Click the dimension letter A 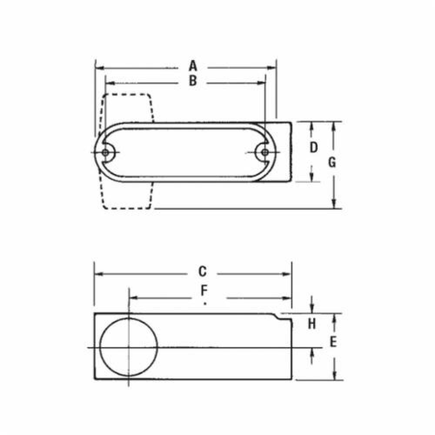(x=193, y=67)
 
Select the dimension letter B (x=193, y=81)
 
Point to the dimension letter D (x=313, y=148)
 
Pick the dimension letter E (x=333, y=343)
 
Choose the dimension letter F (x=203, y=290)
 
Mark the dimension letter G (x=332, y=163)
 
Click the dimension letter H (x=311, y=324)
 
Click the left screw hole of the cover (x=106, y=152)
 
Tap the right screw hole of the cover (x=265, y=152)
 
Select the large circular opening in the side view (x=129, y=348)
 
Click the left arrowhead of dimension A (x=98, y=68)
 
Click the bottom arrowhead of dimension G (x=334, y=204)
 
